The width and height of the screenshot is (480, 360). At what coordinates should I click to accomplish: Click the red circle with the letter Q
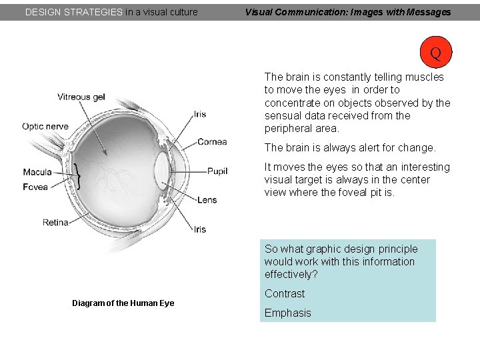[x=435, y=53]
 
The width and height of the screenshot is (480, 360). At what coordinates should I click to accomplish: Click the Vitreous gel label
[x=81, y=97]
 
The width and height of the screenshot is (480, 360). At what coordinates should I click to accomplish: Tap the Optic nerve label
[x=45, y=126]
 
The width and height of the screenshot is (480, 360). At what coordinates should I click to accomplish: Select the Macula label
[x=37, y=172]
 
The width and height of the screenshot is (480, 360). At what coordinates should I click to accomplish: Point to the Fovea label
[x=35, y=187]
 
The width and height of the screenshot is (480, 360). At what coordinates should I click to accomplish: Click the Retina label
[x=55, y=222]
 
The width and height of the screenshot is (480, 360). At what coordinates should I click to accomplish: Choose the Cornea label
[x=212, y=141]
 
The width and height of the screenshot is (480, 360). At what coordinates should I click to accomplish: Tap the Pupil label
[x=217, y=171]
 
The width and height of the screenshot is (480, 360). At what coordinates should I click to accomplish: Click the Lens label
[x=207, y=200]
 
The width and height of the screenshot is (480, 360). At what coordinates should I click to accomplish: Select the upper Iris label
[x=200, y=114]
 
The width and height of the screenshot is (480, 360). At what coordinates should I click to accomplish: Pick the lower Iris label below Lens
[x=200, y=229]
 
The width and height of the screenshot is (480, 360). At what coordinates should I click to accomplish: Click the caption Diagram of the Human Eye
[x=123, y=303]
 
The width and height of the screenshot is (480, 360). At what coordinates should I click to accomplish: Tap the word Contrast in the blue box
[x=285, y=293]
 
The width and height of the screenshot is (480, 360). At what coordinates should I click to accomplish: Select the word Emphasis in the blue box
[x=288, y=313]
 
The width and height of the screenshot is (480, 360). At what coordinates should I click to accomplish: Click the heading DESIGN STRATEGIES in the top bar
[x=73, y=11]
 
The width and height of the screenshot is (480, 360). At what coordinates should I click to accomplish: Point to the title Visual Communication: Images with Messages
[x=347, y=11]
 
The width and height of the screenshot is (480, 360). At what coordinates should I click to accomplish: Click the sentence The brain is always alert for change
[x=350, y=147]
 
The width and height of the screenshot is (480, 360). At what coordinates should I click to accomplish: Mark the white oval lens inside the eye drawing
[x=162, y=171]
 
